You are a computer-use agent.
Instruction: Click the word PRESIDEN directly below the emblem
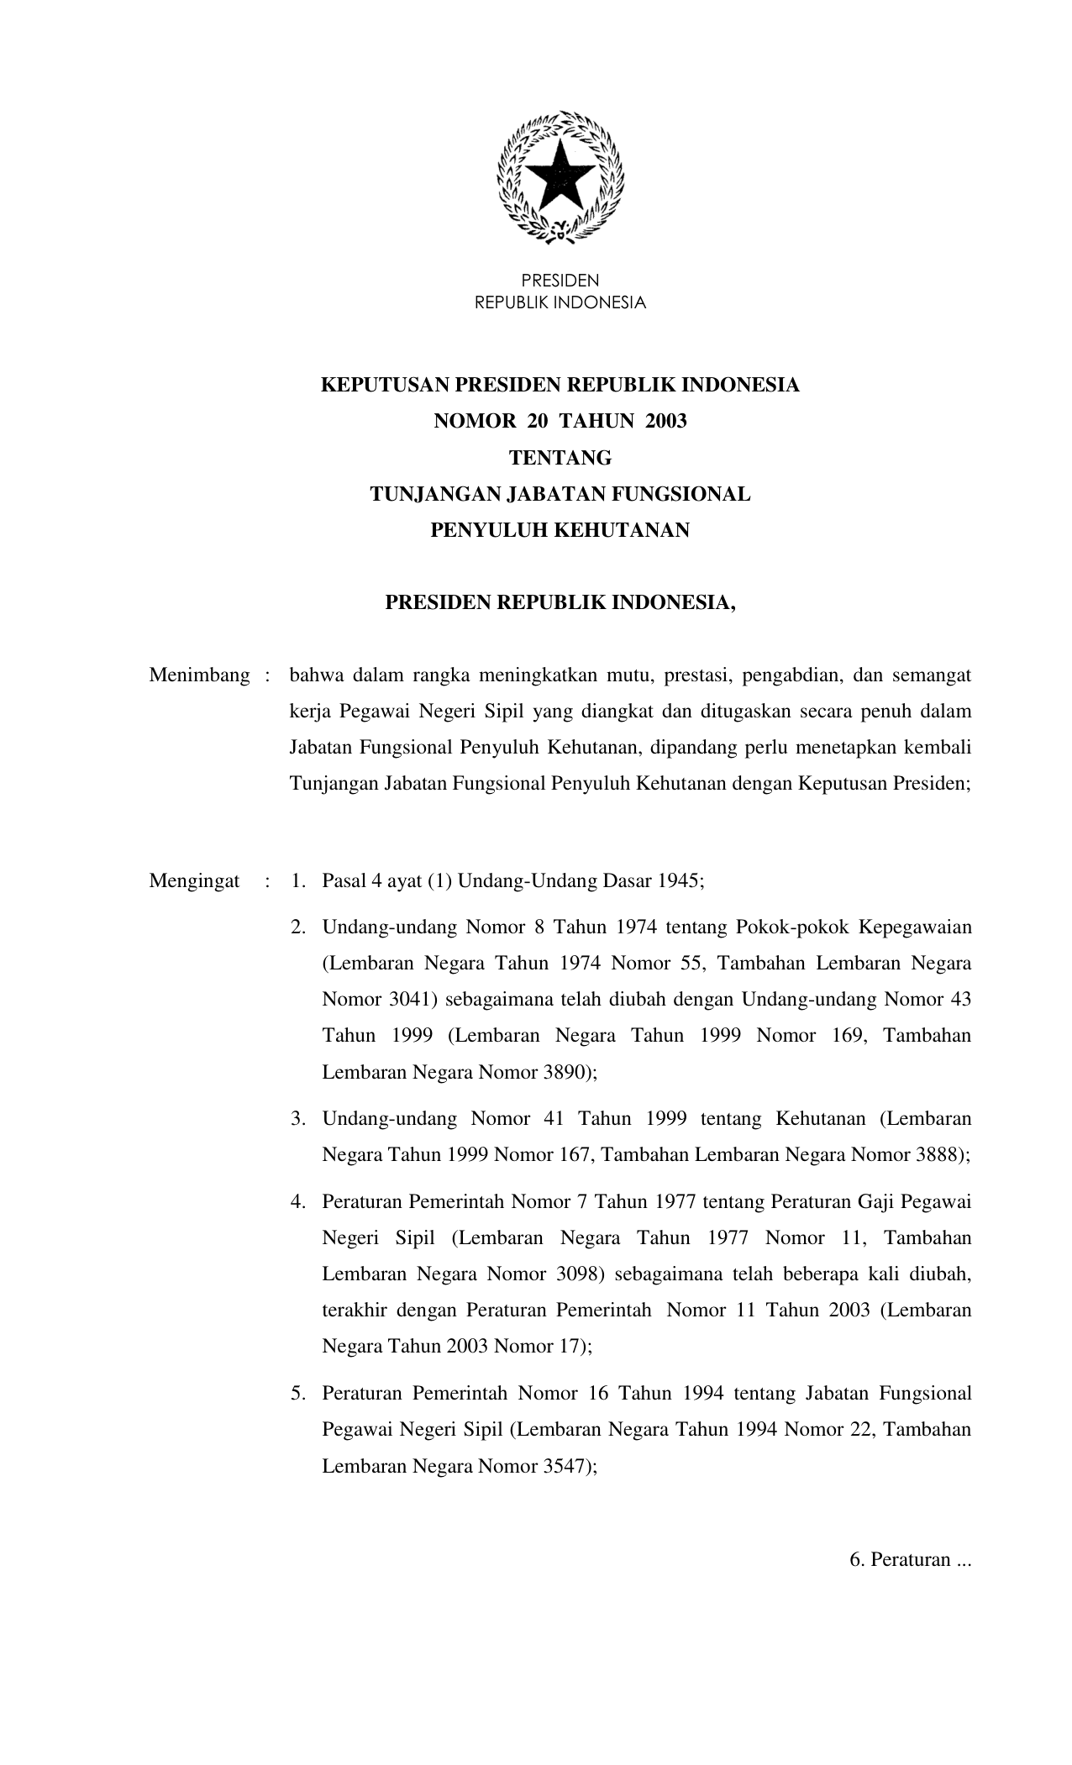coord(560,281)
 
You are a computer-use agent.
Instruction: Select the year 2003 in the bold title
coord(665,421)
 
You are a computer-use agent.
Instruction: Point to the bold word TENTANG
coord(560,458)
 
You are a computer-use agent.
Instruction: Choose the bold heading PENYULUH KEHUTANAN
coord(560,530)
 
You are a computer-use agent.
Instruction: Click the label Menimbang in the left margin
coord(199,675)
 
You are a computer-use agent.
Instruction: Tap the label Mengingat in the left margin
coord(194,881)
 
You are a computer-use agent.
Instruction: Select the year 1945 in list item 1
coord(679,881)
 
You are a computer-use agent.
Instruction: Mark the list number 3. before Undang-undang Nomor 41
coord(297,1118)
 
